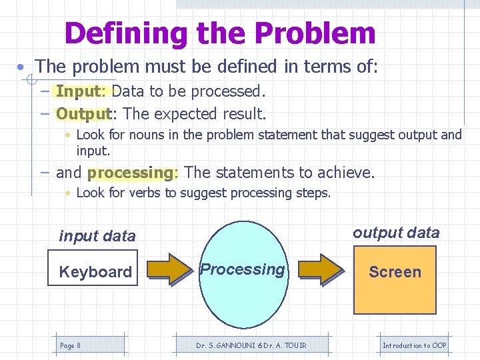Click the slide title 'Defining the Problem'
click(x=220, y=33)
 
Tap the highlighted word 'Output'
click(x=83, y=114)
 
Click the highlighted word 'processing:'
click(x=133, y=173)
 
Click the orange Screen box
click(x=395, y=280)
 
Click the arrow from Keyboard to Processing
click(x=169, y=269)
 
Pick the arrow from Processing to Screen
click(x=321, y=269)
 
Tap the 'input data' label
click(x=97, y=236)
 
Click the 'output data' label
click(x=396, y=233)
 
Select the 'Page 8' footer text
click(x=70, y=345)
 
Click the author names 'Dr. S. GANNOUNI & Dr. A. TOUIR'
click(x=242, y=345)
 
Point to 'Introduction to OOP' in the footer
click(x=415, y=345)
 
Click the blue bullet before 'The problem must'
click(x=23, y=67)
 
